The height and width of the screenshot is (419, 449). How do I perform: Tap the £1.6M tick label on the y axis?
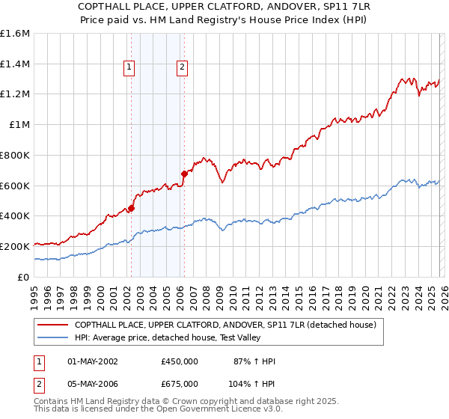point(15,34)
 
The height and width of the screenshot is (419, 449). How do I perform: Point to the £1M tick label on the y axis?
point(19,125)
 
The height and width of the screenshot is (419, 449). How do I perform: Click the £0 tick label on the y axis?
point(24,277)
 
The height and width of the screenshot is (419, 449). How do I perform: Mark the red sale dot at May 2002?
point(131,209)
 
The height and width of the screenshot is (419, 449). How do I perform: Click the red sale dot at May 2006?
point(184,174)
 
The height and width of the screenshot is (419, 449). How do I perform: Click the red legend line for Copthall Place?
point(52,325)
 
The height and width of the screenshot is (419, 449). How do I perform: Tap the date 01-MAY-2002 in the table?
point(93,361)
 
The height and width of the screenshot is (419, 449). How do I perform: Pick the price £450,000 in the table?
point(180,361)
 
